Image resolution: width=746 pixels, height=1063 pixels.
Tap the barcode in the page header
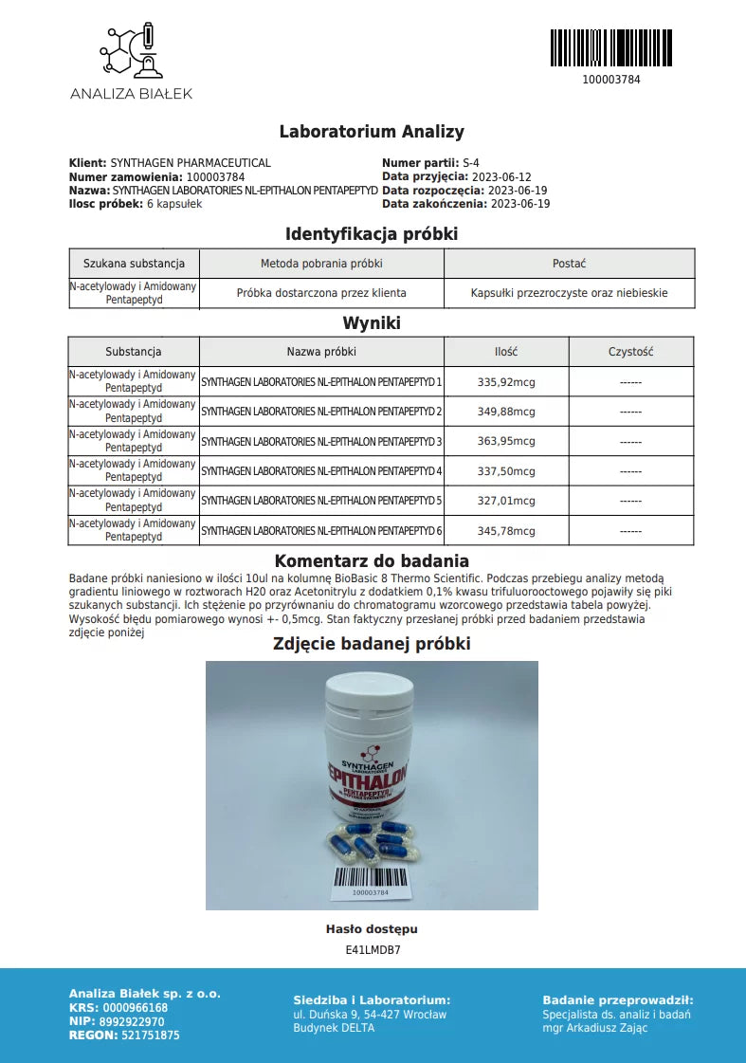click(x=610, y=47)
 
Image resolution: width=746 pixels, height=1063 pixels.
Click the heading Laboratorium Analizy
click(x=372, y=132)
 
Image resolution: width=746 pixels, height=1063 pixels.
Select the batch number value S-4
click(x=471, y=163)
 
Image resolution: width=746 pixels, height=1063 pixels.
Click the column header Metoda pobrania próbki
click(x=321, y=264)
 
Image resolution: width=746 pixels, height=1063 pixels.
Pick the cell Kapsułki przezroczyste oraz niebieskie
click(x=569, y=293)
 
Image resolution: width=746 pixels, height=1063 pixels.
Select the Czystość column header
click(x=630, y=352)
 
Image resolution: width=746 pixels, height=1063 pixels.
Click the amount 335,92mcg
click(x=506, y=382)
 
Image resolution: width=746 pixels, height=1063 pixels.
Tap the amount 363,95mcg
click(x=506, y=442)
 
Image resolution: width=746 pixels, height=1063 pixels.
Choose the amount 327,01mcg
click(x=506, y=501)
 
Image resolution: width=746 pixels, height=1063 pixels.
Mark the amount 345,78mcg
click(x=506, y=531)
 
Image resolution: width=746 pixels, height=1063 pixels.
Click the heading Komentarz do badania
click(x=372, y=561)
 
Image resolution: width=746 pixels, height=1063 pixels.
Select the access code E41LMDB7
click(x=373, y=948)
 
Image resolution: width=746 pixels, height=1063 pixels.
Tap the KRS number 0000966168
click(x=135, y=1008)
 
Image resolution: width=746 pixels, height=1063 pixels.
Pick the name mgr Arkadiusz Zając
click(x=595, y=1028)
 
